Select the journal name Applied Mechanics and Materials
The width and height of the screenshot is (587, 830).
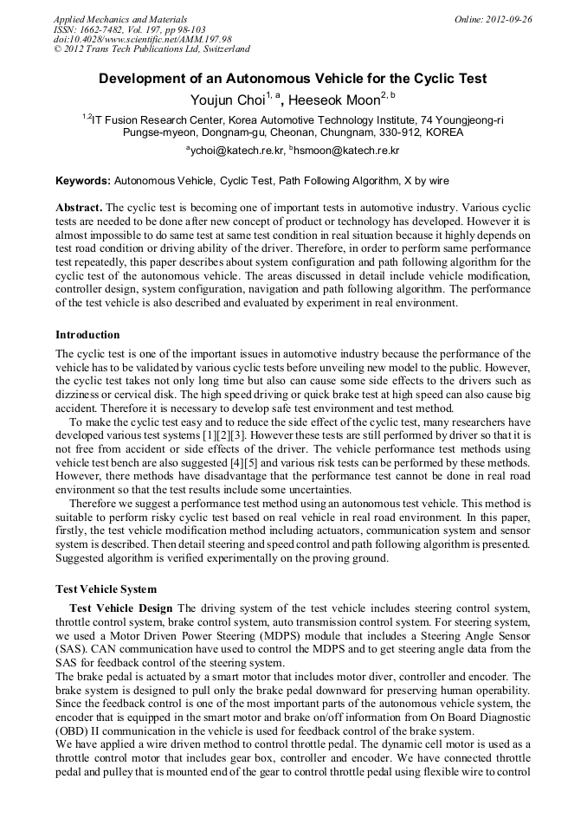(120, 18)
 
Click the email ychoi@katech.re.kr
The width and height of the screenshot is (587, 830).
(235, 151)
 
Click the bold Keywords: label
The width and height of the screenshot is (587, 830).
(83, 181)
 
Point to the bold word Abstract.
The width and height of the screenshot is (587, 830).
(79, 209)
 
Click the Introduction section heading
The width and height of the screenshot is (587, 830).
(87, 335)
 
